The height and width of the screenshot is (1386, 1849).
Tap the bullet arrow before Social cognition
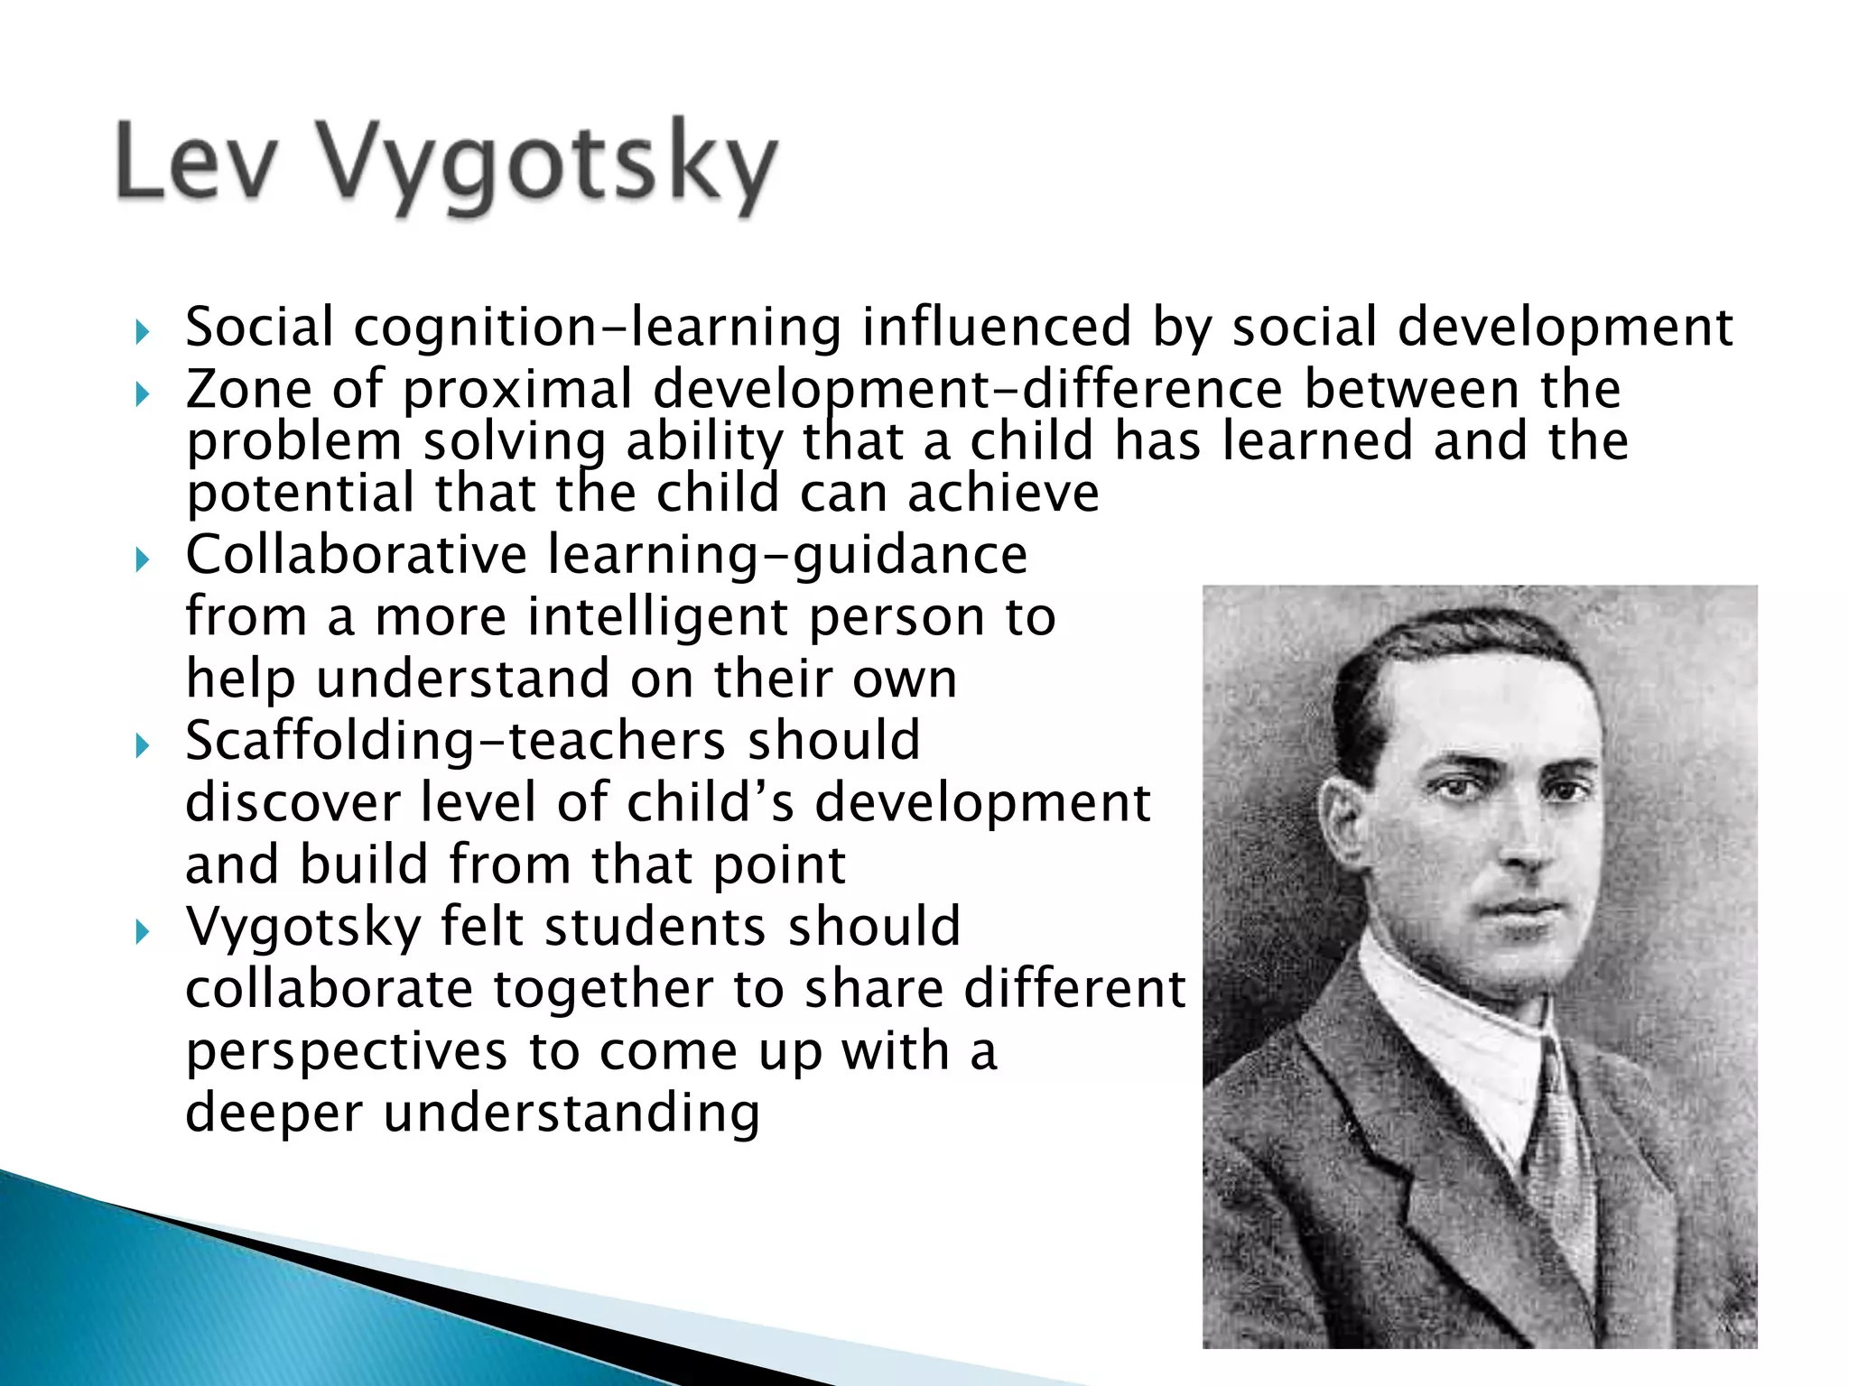(142, 333)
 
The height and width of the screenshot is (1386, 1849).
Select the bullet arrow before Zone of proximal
(142, 394)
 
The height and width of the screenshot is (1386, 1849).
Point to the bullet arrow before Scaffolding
(142, 745)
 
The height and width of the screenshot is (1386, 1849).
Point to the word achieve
(1003, 494)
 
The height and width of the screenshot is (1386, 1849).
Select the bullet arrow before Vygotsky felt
(142, 931)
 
